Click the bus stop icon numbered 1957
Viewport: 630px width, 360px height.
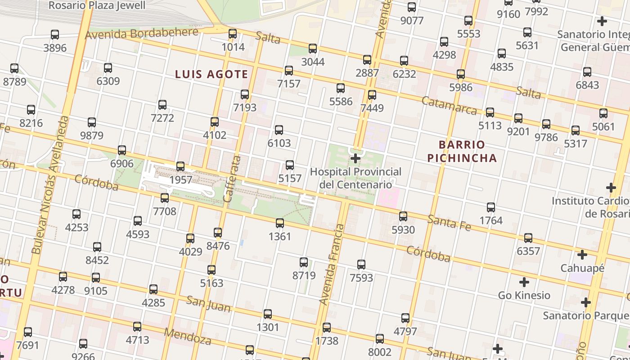(x=180, y=166)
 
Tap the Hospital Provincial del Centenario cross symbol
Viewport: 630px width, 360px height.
(x=355, y=158)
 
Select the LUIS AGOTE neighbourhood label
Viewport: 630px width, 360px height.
(x=211, y=74)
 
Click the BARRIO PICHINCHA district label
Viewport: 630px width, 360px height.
(x=462, y=151)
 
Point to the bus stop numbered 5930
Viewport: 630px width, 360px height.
(x=403, y=216)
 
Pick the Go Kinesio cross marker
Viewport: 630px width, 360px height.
(x=524, y=282)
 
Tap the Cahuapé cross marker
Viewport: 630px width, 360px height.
(x=582, y=255)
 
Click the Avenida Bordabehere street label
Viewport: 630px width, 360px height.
(x=141, y=33)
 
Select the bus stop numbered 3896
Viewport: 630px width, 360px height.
(x=55, y=35)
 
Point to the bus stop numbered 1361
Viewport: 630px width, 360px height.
(x=280, y=223)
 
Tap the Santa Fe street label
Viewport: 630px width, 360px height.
(x=449, y=223)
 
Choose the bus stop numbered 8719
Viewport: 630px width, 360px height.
(x=304, y=262)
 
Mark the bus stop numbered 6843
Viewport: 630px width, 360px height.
(x=587, y=72)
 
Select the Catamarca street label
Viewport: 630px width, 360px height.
(x=449, y=105)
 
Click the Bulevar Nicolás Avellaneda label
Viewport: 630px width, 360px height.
(x=50, y=184)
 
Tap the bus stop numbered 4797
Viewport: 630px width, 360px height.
(x=405, y=318)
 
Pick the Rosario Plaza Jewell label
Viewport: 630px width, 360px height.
(x=97, y=5)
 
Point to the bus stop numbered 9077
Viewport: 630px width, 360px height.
(x=412, y=7)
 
